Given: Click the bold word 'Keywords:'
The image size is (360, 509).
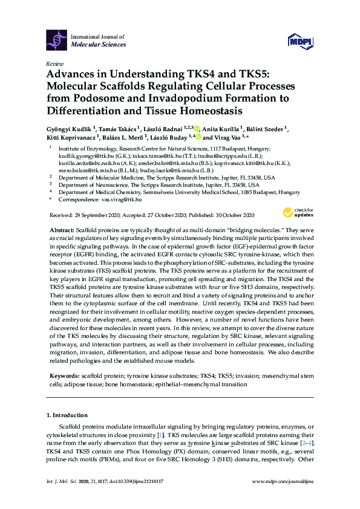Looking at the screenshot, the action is pos(64,375).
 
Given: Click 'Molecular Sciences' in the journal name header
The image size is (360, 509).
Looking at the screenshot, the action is pos(99,45).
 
